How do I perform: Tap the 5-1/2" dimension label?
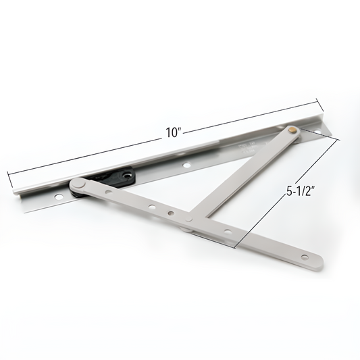point(299,191)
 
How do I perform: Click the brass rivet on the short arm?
point(292,130)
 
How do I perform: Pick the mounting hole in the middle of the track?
point(187,164)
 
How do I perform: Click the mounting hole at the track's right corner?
point(317,132)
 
